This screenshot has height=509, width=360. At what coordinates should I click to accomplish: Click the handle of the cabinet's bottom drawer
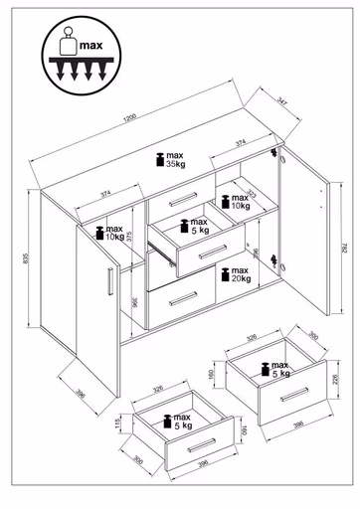181,300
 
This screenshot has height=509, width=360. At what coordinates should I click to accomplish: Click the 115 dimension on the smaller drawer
118,423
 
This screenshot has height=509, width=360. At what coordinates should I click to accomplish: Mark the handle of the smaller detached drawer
200,441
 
